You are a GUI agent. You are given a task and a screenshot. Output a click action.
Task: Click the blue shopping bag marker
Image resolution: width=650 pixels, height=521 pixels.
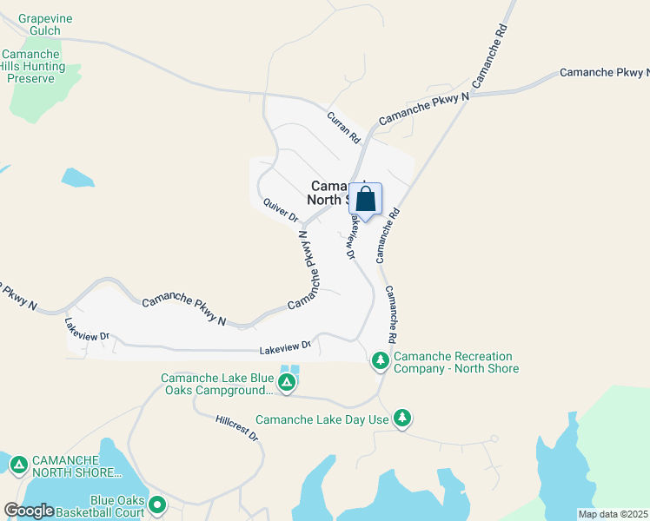[366, 200]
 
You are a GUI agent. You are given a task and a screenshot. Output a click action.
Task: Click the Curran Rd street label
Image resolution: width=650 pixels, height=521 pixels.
[343, 126]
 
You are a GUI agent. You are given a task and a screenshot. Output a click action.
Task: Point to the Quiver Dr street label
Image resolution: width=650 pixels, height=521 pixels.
[281, 209]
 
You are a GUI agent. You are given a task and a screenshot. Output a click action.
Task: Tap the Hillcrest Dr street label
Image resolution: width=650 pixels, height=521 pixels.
[237, 427]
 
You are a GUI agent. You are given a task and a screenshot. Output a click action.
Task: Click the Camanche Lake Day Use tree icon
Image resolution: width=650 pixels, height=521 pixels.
[401, 419]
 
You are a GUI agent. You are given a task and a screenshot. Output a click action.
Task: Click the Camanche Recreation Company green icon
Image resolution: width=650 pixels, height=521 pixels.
[380, 359]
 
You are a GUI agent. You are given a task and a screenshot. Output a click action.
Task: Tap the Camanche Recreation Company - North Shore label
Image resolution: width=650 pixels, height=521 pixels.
[456, 362]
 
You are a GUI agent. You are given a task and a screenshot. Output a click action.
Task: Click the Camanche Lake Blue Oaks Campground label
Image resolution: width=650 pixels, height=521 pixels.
[217, 384]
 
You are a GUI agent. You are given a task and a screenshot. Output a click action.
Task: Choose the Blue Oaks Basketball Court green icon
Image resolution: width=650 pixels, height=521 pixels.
[157, 504]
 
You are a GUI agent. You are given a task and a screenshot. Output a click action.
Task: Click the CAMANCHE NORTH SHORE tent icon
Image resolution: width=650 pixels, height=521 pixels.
[18, 465]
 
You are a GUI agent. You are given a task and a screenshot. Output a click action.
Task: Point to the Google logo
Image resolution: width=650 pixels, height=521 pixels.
[29, 511]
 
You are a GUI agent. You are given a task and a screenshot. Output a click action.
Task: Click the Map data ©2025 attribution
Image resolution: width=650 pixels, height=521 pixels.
[613, 514]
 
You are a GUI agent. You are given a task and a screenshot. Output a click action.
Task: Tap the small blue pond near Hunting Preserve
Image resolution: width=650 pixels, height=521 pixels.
[77, 178]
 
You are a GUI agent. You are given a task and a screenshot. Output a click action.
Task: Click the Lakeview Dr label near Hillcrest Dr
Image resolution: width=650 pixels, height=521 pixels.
[285, 349]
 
